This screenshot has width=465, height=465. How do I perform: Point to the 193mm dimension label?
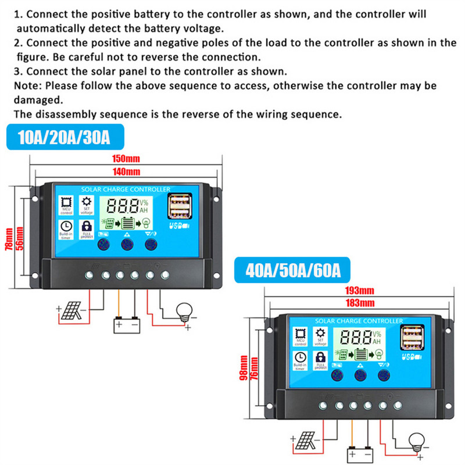[x=359, y=290]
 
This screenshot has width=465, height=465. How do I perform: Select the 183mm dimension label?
[x=359, y=303]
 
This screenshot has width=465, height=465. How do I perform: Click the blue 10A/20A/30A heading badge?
[x=64, y=138]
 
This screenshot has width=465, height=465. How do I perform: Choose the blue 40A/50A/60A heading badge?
[x=292, y=271]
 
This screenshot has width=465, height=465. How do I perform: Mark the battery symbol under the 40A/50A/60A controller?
[x=360, y=454]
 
